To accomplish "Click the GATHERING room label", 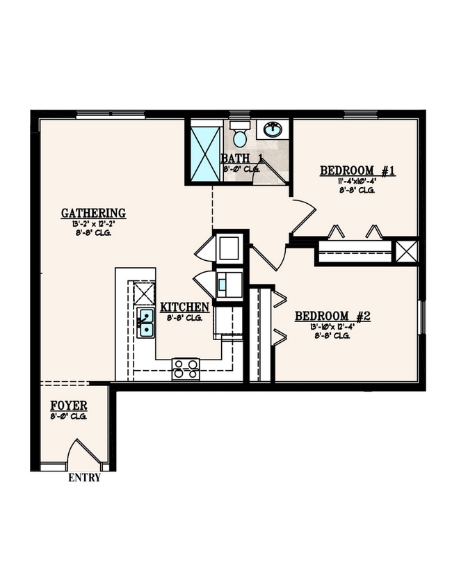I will pyautogui.click(x=93, y=214).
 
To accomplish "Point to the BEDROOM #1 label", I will pyautogui.click(x=357, y=170).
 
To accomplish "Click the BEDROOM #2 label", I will pyautogui.click(x=332, y=316).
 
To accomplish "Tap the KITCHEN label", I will pyautogui.click(x=184, y=307).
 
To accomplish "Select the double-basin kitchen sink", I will pyautogui.click(x=146, y=323).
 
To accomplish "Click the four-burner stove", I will pyautogui.click(x=186, y=368).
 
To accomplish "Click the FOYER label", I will pyautogui.click(x=68, y=406).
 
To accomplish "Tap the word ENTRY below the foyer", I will pyautogui.click(x=83, y=478).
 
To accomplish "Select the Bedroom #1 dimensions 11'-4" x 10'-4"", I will pyautogui.click(x=357, y=181).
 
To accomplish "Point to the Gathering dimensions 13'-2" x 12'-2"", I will pyautogui.click(x=93, y=224).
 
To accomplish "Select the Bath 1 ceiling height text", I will pyautogui.click(x=241, y=168).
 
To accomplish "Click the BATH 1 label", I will pyautogui.click(x=242, y=159).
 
